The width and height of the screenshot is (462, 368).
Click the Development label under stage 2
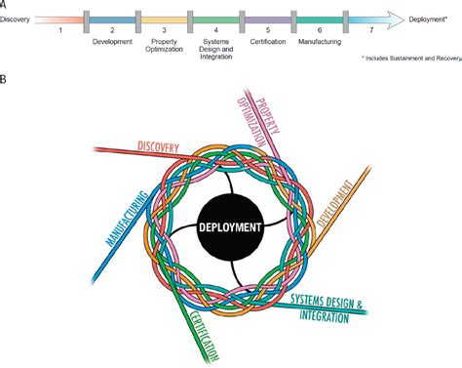(x=113, y=41)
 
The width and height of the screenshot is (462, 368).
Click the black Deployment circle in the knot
(x=230, y=226)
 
